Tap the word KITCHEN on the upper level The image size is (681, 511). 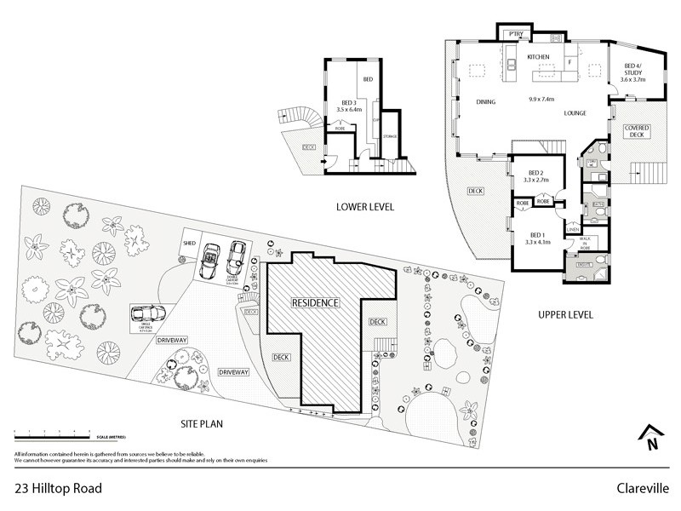pyautogui.click(x=539, y=57)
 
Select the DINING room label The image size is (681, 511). pyautogui.click(x=485, y=102)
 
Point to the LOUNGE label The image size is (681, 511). pyautogui.click(x=575, y=113)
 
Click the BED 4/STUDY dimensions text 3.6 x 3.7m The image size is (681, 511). pyautogui.click(x=633, y=79)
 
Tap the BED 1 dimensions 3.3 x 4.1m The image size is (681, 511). pyautogui.click(x=538, y=242)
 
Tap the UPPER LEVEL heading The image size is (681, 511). pyautogui.click(x=565, y=315)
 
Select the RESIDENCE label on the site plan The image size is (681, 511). pyautogui.click(x=315, y=302)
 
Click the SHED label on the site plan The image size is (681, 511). pyautogui.click(x=189, y=244)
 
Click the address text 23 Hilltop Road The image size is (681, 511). pyautogui.click(x=58, y=489)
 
